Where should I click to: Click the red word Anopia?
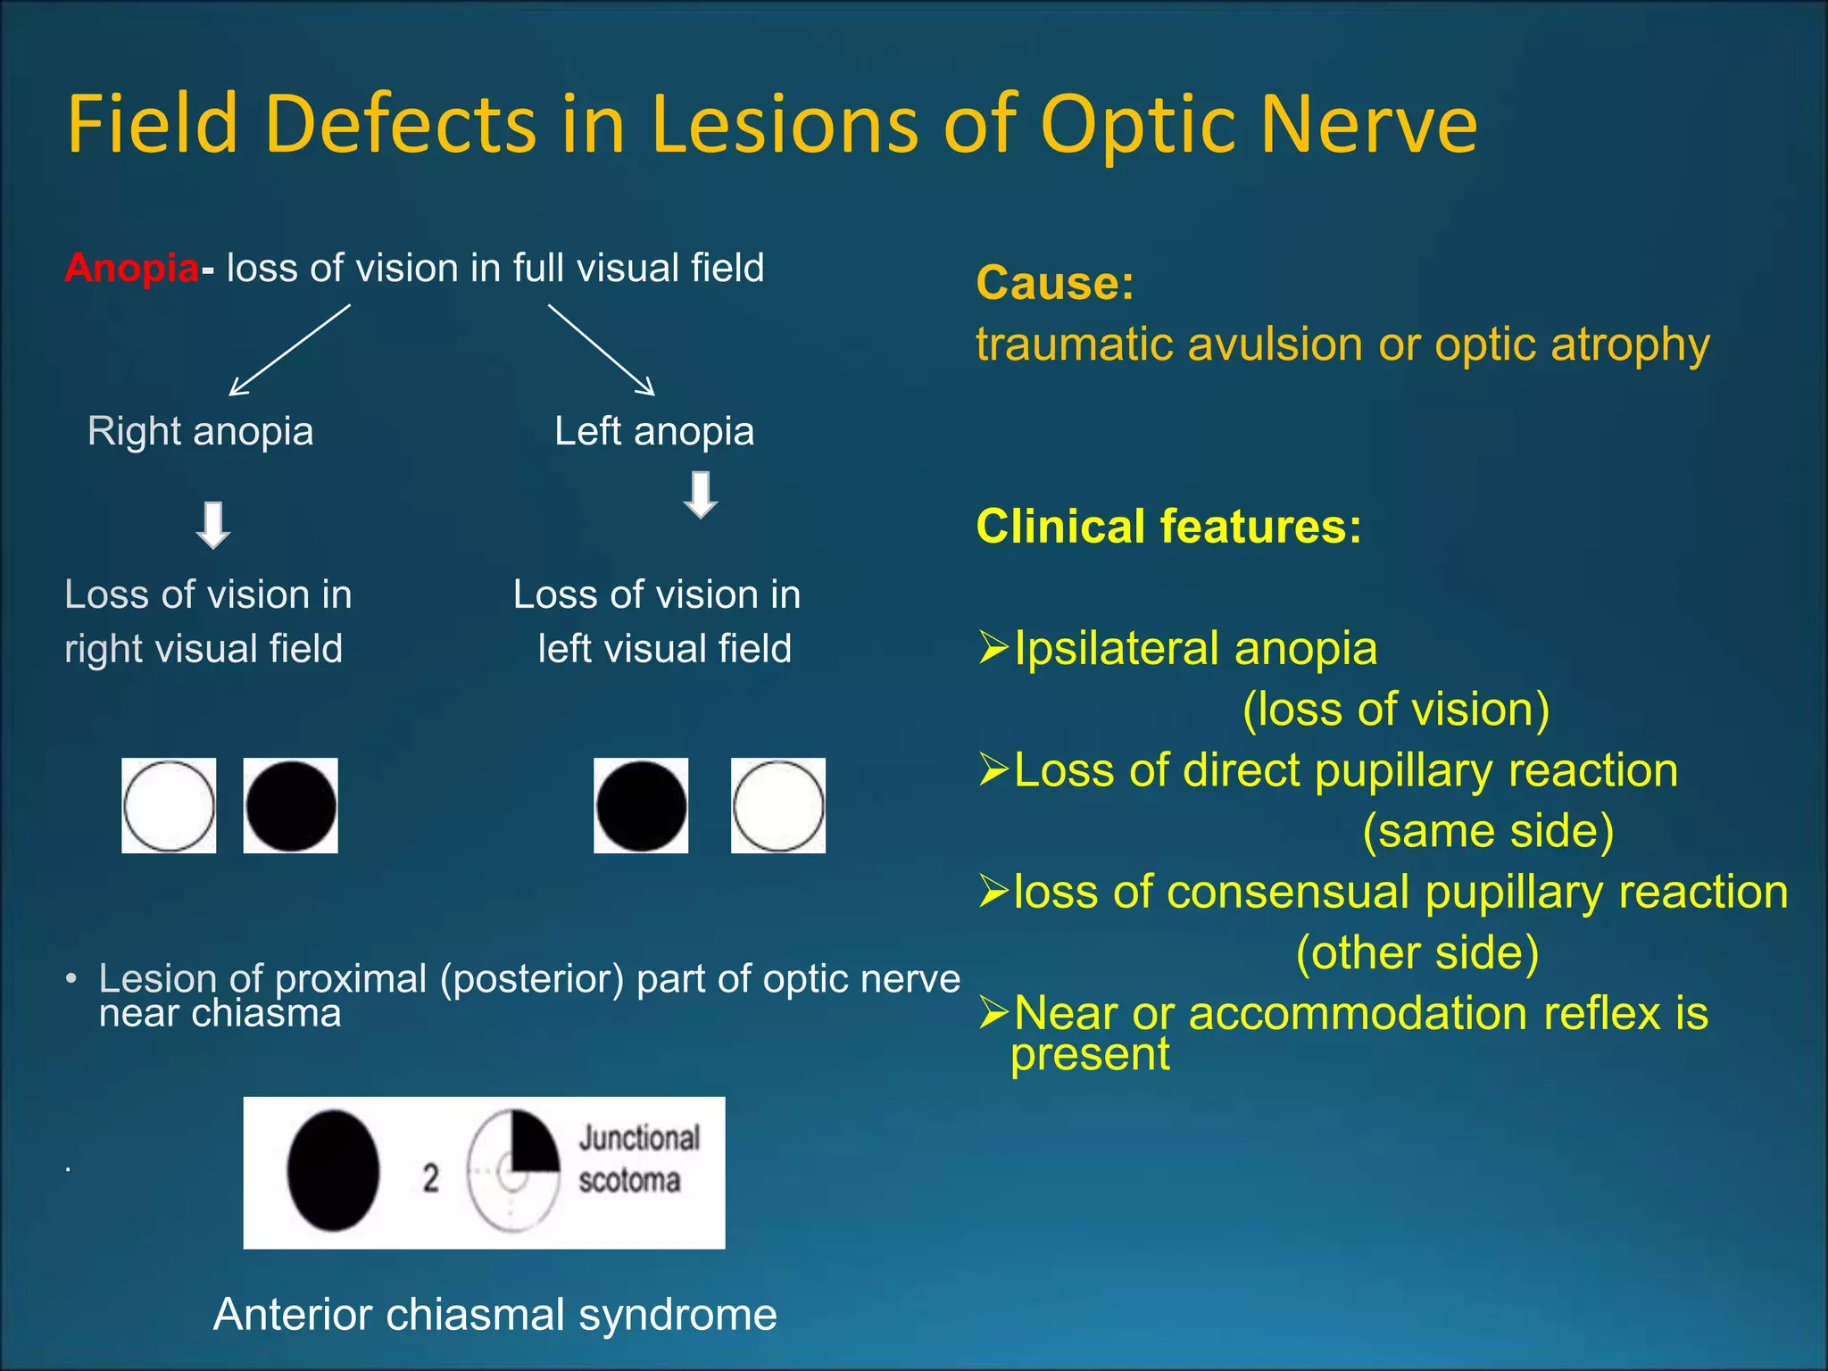131,268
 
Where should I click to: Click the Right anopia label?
200,431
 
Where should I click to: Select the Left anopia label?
654,431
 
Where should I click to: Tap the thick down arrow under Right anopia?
213,526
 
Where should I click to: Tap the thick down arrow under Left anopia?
701,495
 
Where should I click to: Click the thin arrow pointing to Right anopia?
289,350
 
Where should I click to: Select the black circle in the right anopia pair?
291,806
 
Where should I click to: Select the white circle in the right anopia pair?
169,806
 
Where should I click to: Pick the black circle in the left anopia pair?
641,806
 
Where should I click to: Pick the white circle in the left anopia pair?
778,806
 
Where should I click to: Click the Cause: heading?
1055,283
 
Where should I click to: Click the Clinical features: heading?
1168,526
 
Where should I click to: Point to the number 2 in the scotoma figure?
431,1177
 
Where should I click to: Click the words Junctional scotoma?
637,1159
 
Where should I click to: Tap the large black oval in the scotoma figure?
333,1171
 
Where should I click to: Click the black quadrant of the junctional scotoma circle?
532,1145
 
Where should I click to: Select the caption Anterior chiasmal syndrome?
495,1314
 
